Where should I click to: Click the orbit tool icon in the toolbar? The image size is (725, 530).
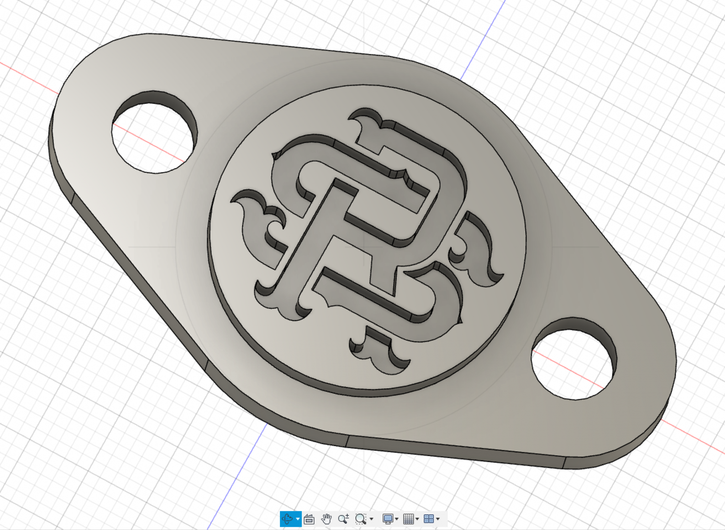tap(287, 519)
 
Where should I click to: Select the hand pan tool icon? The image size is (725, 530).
tap(326, 519)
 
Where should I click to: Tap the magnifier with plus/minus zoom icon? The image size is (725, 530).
tap(343, 519)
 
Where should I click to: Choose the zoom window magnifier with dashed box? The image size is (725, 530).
tap(360, 519)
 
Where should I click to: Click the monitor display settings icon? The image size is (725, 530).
tap(388, 519)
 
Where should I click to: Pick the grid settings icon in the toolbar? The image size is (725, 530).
tap(408, 519)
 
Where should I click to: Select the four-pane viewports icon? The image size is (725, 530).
tap(428, 519)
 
